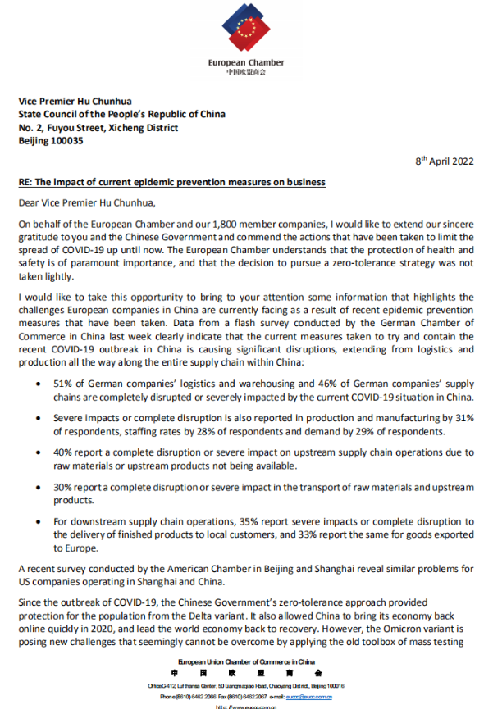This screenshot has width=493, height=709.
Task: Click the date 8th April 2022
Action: pos(445,162)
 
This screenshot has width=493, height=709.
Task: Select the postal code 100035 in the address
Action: pos(68,141)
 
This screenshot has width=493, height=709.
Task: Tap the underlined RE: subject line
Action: pos(172,181)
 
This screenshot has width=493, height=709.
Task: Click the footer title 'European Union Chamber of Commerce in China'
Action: pos(246,661)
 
